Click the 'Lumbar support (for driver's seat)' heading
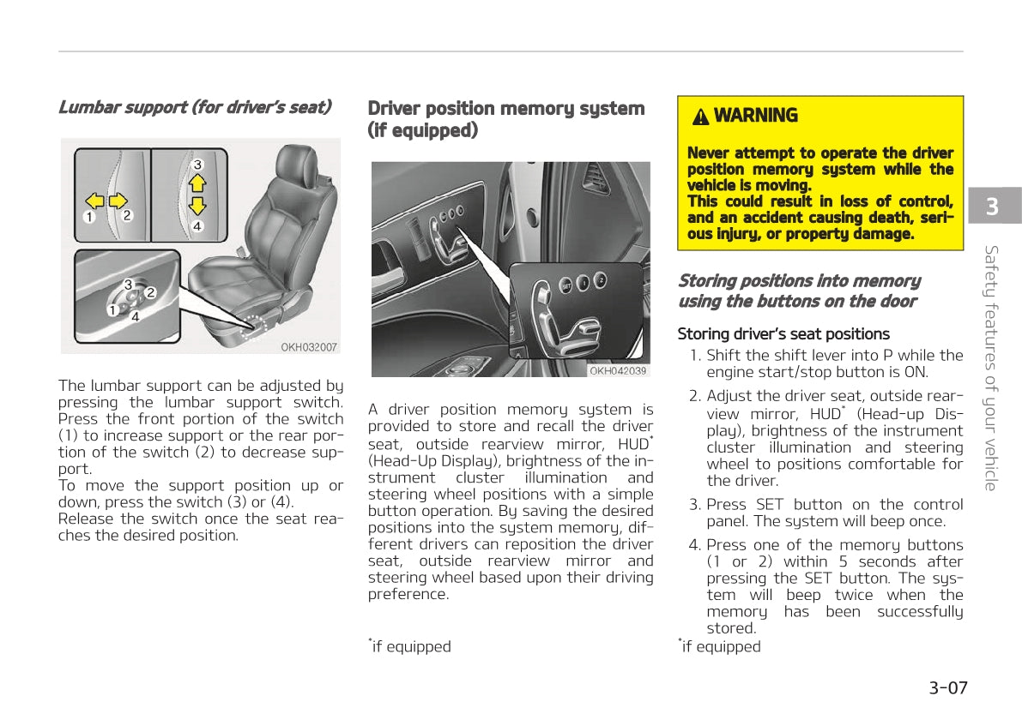pyautogui.click(x=195, y=107)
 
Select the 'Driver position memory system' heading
pyautogui.click(x=506, y=109)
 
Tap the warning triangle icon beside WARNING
pyautogui.click(x=701, y=117)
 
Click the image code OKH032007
pyautogui.click(x=309, y=347)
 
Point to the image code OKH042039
pyautogui.click(x=618, y=370)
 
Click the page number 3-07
pyautogui.click(x=947, y=687)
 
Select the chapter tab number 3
pyautogui.click(x=993, y=207)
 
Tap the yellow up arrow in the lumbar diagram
pyautogui.click(x=197, y=182)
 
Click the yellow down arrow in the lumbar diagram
pyautogui.click(x=197, y=206)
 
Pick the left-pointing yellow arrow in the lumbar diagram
pyautogui.click(x=95, y=201)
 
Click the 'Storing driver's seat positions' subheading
pyautogui.click(x=783, y=334)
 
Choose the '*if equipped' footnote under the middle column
pyautogui.click(x=410, y=646)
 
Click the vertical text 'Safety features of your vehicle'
pyautogui.click(x=991, y=369)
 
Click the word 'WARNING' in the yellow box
pyautogui.click(x=755, y=116)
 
